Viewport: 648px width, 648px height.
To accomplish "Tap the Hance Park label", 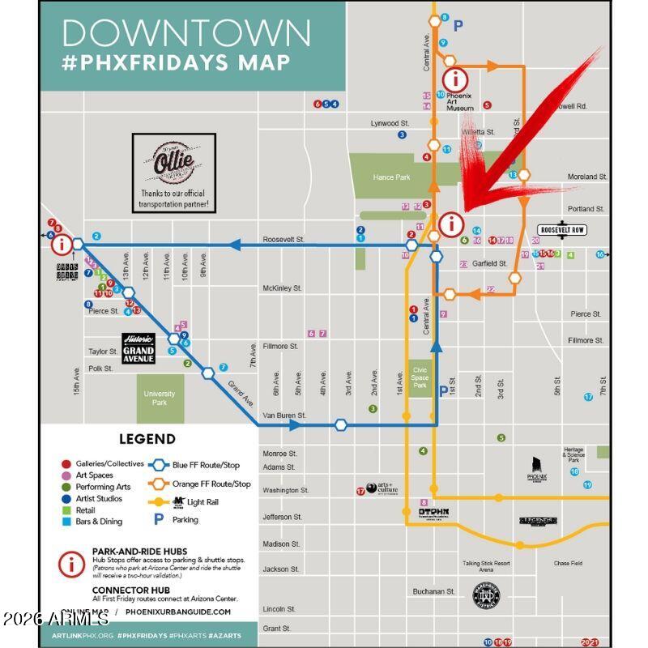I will (391, 177).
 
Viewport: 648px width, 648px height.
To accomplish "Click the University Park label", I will (160, 398).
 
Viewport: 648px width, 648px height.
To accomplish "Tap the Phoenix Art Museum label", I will (458, 101).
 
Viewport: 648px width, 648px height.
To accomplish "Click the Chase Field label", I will (567, 563).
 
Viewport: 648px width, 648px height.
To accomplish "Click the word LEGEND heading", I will (147, 439).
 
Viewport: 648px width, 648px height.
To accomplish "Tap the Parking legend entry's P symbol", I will (159, 519).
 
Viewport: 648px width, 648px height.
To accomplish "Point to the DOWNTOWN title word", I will (186, 32).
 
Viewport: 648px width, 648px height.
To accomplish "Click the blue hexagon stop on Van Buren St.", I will (341, 424).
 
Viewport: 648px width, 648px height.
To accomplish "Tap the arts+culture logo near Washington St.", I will (382, 488).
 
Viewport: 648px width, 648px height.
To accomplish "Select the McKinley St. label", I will (282, 288).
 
